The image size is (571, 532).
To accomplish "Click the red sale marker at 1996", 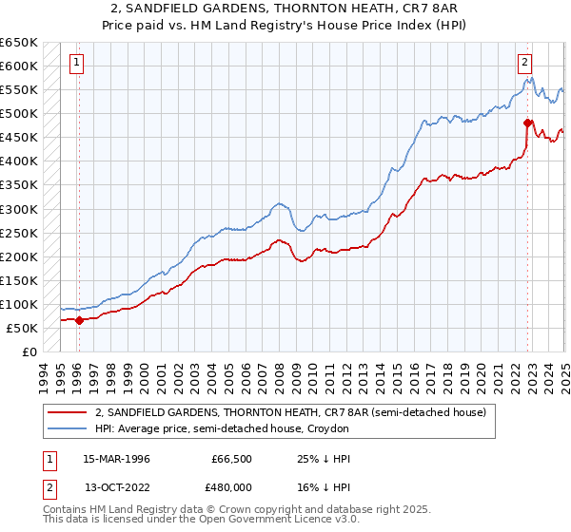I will [79, 320].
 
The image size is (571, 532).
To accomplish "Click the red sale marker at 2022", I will [527, 123].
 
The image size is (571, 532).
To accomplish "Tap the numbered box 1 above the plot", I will [76, 64].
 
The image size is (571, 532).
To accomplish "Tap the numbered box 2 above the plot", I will [523, 64].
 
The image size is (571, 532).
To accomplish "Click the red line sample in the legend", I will [68, 413].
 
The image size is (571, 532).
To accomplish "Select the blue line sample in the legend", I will [68, 429].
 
